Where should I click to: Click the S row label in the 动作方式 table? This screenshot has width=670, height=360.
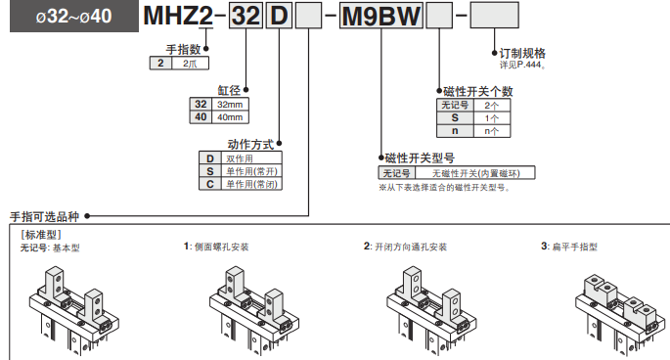tap(208, 170)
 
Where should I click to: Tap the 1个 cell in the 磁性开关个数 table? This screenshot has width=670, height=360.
tap(491, 116)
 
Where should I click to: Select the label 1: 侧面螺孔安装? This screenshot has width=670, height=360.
tap(224, 247)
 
